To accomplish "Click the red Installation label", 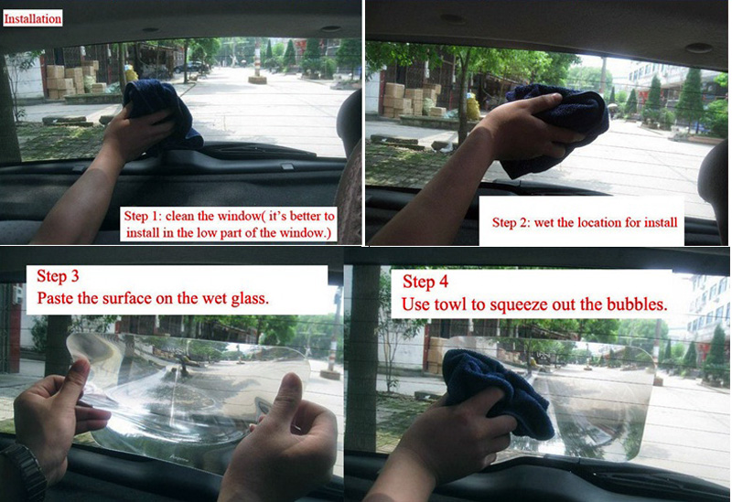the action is (33, 18).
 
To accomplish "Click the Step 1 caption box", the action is (229, 224).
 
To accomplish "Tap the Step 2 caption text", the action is (585, 222).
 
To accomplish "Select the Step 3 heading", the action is (58, 276).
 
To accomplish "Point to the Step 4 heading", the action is (425, 282).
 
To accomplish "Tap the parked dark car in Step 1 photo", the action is (190, 67).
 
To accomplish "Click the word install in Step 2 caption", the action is (661, 222).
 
